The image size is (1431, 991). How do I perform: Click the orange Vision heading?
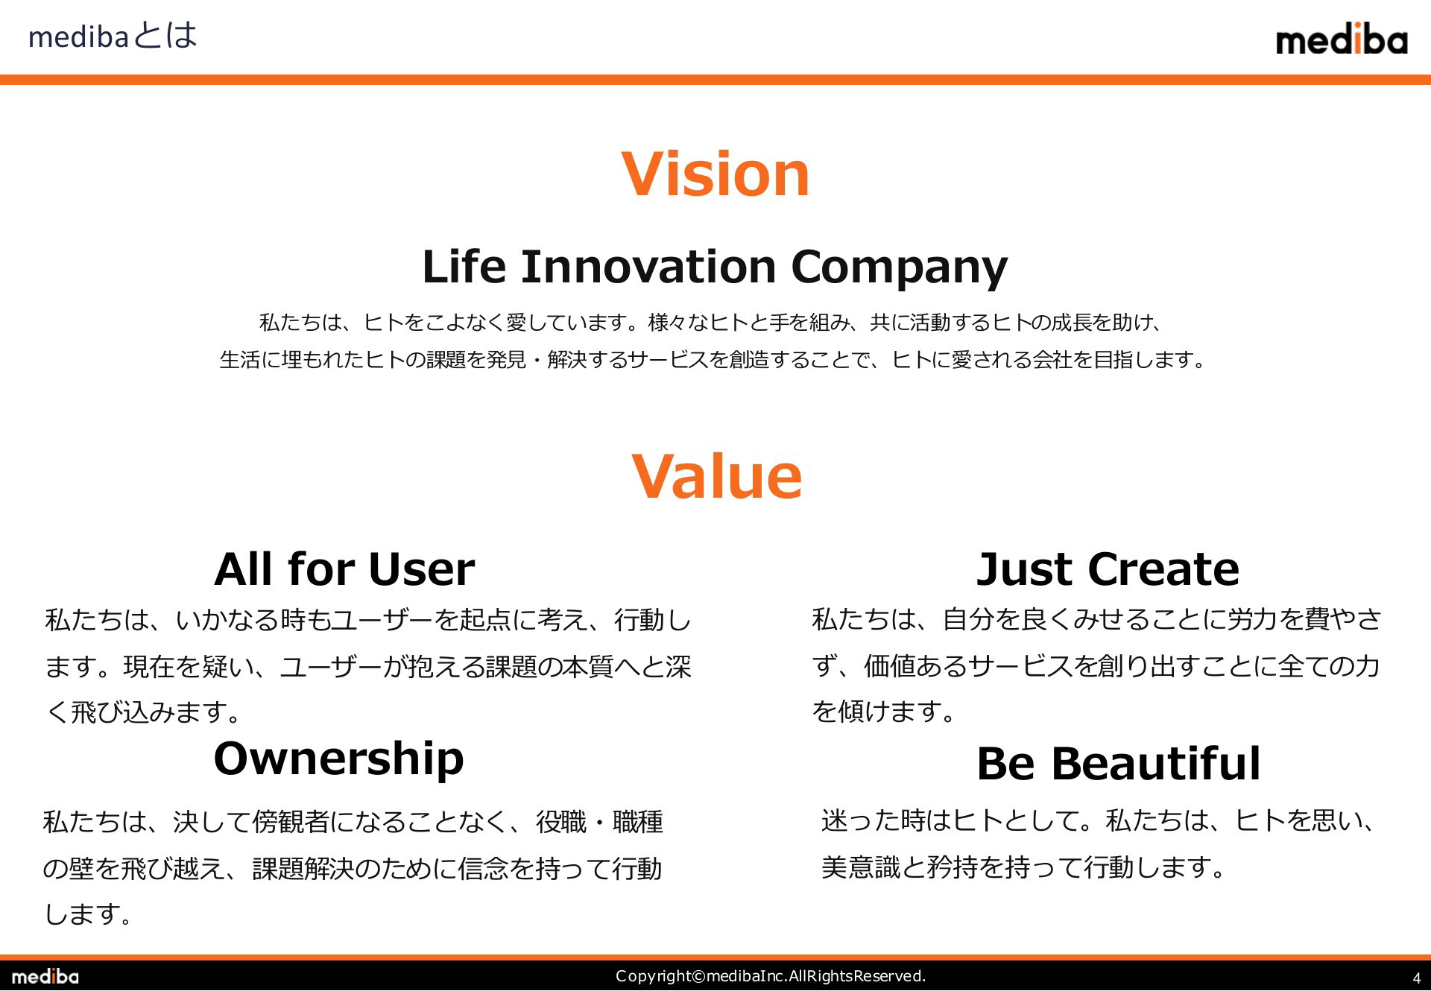tap(715, 174)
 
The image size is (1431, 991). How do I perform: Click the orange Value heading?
tap(717, 476)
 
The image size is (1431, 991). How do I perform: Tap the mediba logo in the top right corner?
tap(1342, 39)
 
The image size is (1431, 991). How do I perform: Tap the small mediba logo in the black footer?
tap(45, 976)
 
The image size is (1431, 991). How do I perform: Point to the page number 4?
tap(1416, 978)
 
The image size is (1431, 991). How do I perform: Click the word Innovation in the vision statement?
tap(648, 266)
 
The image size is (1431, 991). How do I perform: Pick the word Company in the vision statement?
tap(899, 268)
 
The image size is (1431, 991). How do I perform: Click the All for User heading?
tap(344, 569)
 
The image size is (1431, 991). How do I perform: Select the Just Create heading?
tap(1108, 569)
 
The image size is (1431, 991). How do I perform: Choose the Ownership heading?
tap(338, 759)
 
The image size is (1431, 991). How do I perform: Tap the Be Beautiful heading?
tap(1118, 763)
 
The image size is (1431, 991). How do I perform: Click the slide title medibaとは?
tap(113, 36)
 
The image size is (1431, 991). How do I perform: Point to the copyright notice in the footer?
tap(771, 976)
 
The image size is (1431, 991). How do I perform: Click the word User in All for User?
tap(421, 569)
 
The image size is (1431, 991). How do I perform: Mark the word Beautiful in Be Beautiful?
tap(1156, 763)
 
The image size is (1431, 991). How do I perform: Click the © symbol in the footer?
tap(698, 976)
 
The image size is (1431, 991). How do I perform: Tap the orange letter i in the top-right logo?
tap(1358, 38)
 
